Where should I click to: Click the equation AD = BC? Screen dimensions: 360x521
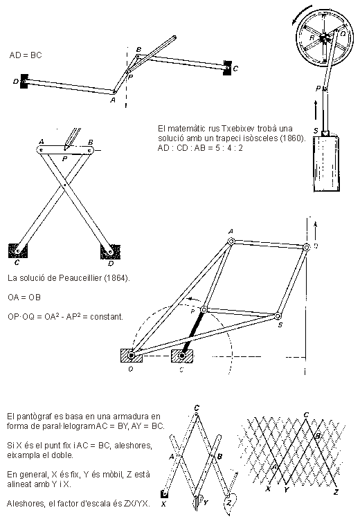[x=26, y=55]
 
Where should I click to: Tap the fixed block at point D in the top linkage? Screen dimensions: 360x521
[x=24, y=81]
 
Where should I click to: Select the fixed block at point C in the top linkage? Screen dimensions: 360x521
[x=228, y=68]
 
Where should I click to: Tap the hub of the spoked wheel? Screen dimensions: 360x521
[x=324, y=38]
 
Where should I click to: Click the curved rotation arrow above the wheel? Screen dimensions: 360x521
[x=301, y=14]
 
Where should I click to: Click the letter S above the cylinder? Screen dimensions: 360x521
[x=316, y=131]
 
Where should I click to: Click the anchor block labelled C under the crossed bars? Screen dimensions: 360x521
[x=17, y=250]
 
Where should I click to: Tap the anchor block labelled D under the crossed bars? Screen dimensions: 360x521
[x=111, y=252]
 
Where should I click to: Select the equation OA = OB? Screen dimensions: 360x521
[x=24, y=297]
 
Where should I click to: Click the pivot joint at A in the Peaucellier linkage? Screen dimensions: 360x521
[x=231, y=241]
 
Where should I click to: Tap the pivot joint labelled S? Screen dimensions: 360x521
[x=278, y=316]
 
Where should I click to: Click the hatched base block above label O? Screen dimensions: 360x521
[x=132, y=356]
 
